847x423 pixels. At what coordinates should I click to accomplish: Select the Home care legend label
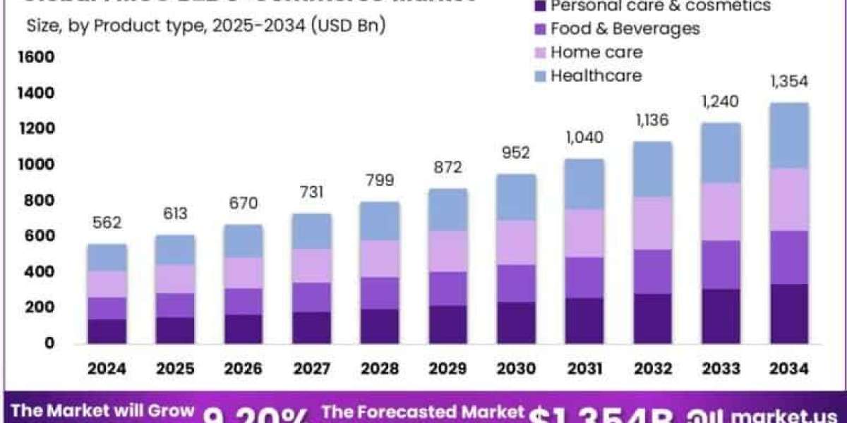tap(596, 52)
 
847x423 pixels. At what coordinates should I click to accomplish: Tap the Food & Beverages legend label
tap(625, 29)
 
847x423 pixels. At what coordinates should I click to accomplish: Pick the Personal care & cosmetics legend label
tap(661, 6)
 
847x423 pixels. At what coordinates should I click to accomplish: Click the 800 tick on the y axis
tap(40, 201)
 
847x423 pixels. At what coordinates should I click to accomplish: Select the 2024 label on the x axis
tap(107, 368)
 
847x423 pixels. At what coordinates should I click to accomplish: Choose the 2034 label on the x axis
tap(789, 368)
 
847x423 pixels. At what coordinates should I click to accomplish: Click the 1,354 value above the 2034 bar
tap(789, 81)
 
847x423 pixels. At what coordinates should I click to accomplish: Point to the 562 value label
tap(107, 223)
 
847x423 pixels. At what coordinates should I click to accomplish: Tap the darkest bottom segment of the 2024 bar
tap(107, 331)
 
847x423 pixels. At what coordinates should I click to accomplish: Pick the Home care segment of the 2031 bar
tap(584, 233)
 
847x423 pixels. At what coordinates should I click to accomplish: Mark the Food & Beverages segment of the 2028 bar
tap(380, 293)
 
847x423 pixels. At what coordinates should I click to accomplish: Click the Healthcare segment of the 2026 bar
tap(244, 241)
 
